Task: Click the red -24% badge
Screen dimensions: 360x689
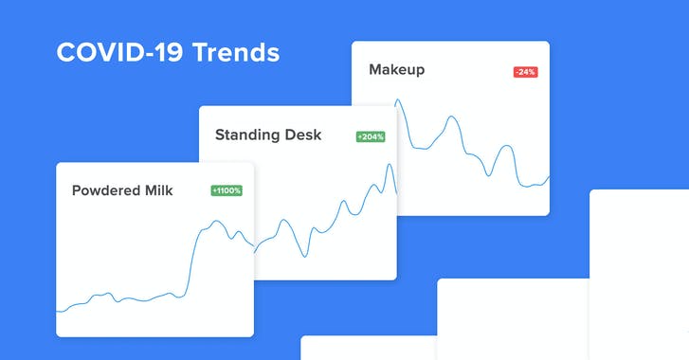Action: pos(525,72)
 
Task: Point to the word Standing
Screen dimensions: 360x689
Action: pos(249,135)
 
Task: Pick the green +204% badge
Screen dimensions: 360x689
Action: pos(371,136)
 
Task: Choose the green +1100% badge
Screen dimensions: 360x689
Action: pos(227,190)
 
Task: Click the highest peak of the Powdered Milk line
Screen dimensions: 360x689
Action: pos(217,222)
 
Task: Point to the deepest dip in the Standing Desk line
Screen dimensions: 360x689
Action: pos(303,256)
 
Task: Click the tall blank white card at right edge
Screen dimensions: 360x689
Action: pos(639,275)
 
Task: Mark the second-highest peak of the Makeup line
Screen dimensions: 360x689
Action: pos(452,117)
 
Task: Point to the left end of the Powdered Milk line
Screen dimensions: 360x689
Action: pos(58,310)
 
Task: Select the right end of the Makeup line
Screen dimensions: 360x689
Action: pos(549,176)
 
